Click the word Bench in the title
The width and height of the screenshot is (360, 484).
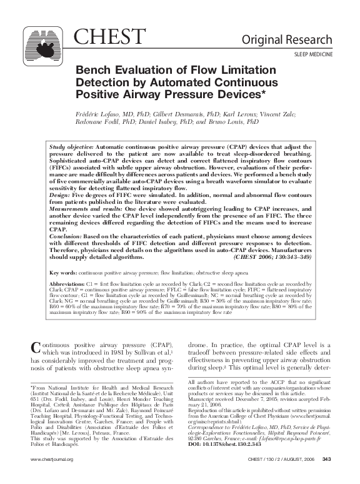[92, 71]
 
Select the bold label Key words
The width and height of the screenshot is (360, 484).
[62, 273]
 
